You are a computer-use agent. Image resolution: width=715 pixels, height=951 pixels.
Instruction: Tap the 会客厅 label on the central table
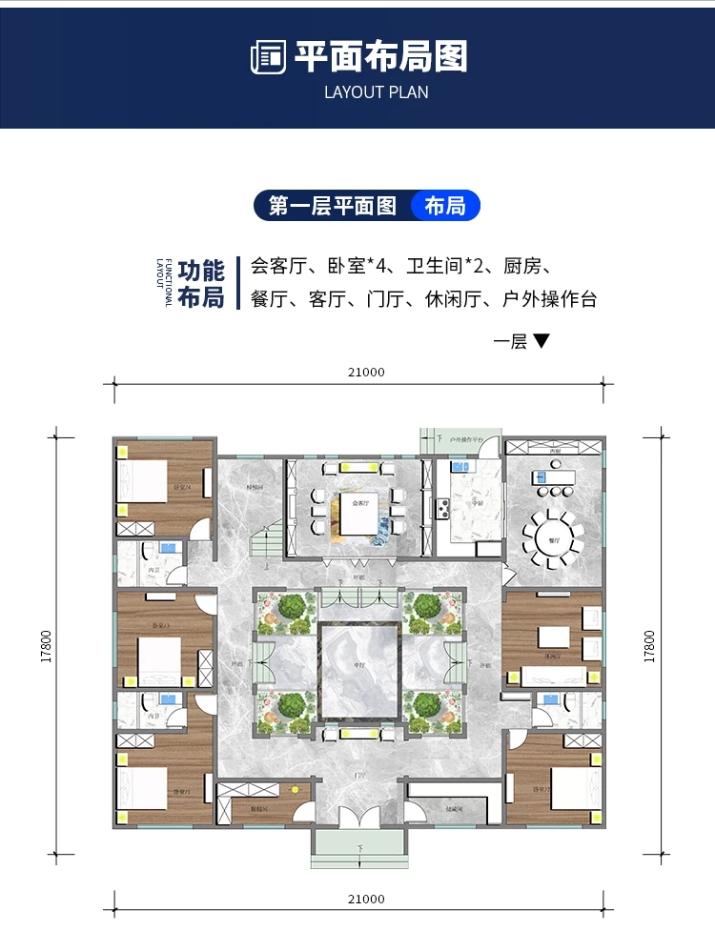click(358, 503)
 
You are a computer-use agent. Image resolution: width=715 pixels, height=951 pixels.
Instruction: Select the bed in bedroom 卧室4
click(146, 480)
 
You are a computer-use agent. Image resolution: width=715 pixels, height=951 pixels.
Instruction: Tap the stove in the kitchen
click(442, 509)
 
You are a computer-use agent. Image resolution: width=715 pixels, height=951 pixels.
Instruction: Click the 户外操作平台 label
click(471, 440)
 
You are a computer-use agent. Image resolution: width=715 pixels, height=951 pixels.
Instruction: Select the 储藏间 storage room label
click(454, 809)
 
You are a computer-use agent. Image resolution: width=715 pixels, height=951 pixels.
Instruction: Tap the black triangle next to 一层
click(541, 340)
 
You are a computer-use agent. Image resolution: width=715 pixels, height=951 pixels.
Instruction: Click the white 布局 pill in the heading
click(445, 205)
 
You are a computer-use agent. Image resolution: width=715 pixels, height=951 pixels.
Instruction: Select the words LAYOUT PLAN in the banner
click(376, 92)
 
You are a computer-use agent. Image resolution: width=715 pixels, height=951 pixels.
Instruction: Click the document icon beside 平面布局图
click(268, 57)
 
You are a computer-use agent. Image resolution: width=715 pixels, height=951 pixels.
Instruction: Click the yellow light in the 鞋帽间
click(295, 790)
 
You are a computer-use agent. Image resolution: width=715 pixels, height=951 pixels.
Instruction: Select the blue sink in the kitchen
click(459, 469)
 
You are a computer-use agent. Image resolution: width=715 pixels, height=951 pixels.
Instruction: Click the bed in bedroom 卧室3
click(158, 656)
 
